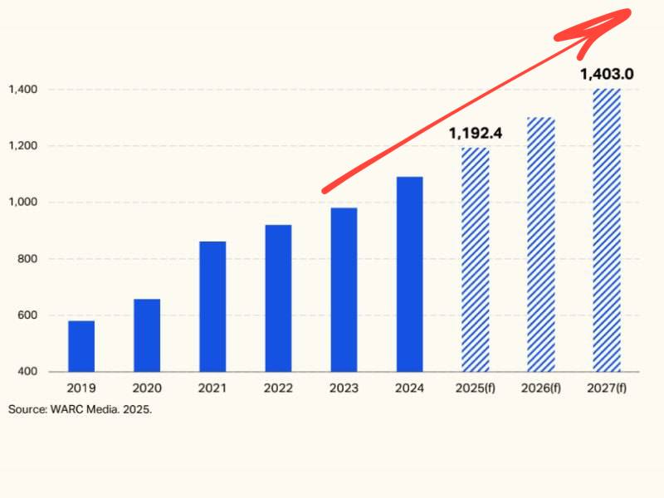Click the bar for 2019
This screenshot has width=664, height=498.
point(81,346)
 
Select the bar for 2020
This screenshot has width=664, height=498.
point(147,335)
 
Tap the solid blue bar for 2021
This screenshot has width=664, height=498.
point(212,306)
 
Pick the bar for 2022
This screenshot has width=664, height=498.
point(278,298)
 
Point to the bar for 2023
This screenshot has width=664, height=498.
point(344,290)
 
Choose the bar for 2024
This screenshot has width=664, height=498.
point(409,274)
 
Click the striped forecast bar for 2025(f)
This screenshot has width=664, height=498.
point(476,260)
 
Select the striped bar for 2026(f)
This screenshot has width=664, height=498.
point(541,244)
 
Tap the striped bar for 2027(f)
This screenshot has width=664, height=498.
point(607,230)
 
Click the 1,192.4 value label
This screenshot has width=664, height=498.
point(476,133)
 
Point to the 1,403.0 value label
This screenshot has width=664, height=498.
point(607,74)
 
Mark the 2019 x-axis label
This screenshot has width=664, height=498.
point(81,388)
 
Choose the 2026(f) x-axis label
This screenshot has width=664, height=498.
point(541,388)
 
